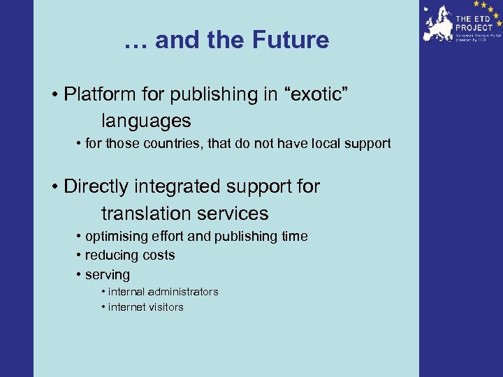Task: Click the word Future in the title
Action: (x=293, y=40)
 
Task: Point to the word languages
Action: (x=146, y=121)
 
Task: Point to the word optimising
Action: (x=113, y=237)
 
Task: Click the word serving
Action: (x=108, y=275)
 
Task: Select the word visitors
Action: (x=166, y=307)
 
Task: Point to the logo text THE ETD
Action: (x=472, y=18)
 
